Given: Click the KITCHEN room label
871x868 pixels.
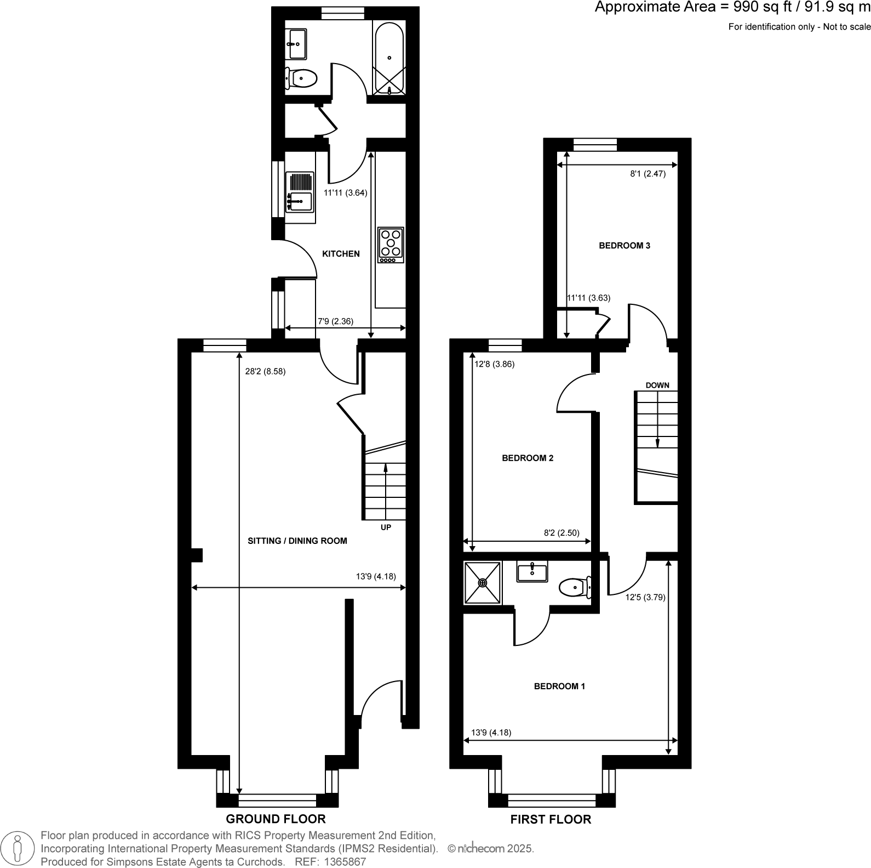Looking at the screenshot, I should click(x=341, y=253).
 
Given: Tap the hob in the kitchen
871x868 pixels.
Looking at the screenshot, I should click(x=391, y=244).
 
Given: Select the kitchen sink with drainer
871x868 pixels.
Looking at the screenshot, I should click(x=299, y=191).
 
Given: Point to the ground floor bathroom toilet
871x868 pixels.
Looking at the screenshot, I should click(x=301, y=78).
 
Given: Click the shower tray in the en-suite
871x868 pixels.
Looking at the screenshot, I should click(x=483, y=582).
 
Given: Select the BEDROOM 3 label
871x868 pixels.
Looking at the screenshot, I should click(x=624, y=246).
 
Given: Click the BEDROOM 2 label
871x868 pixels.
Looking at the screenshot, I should click(x=528, y=458).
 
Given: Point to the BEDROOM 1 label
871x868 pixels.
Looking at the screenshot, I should click(x=559, y=686).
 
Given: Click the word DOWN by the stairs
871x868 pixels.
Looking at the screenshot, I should click(x=657, y=385).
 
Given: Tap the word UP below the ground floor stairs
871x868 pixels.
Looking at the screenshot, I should click(x=386, y=527).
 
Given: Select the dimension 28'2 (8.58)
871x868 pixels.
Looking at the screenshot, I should click(x=265, y=371).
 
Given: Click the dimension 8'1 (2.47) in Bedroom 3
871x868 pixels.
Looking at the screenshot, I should click(x=647, y=174).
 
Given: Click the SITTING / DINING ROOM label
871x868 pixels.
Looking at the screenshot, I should click(x=297, y=541).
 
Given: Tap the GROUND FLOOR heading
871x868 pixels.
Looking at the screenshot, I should click(x=276, y=819).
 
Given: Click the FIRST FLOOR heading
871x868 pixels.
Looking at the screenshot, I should click(x=551, y=819).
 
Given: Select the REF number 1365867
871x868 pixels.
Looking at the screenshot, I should click(x=346, y=861).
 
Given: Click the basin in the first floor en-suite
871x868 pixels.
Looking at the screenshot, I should click(x=531, y=572).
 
